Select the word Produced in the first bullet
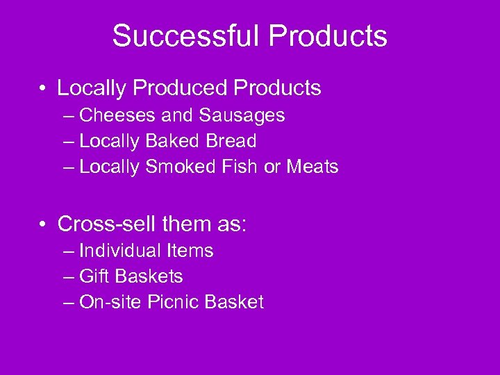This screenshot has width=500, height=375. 181,88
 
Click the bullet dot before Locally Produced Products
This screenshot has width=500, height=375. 43,89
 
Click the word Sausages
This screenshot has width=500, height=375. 242,115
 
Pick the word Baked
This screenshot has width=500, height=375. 173,141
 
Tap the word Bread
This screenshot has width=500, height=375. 231,141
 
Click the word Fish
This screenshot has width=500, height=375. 236,167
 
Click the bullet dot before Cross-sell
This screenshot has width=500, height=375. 43,224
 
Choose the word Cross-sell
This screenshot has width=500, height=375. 107,224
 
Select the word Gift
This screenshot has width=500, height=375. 95,276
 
